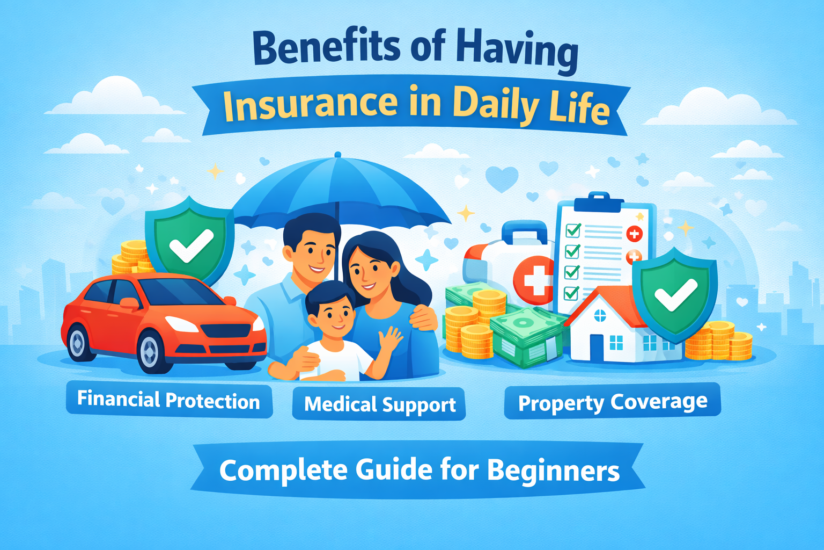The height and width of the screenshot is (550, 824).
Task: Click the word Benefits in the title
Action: point(326,47)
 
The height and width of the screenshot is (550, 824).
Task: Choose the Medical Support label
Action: point(379,404)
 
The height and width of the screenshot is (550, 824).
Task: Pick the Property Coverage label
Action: point(613,402)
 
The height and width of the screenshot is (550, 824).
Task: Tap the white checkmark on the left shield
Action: point(192,245)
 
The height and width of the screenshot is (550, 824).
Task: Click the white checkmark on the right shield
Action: point(676,295)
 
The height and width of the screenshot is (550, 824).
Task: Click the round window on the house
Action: point(600,315)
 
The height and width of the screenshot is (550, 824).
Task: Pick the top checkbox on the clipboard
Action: point(573,230)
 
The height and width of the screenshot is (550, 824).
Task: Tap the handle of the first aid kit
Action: point(524,231)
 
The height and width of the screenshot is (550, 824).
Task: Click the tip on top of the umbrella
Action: point(338,154)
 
